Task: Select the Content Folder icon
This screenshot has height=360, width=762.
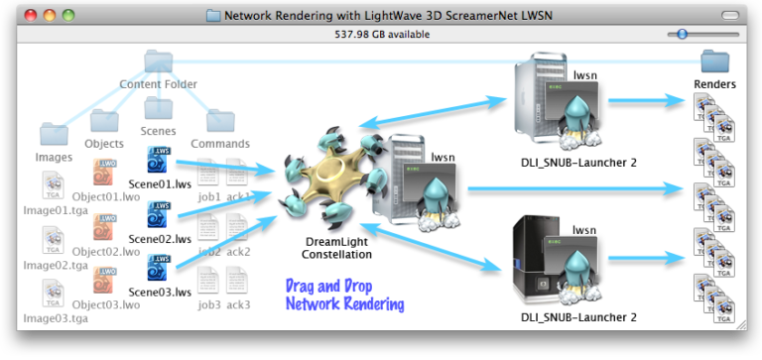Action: point(159,63)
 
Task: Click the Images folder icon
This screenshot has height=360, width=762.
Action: point(54,134)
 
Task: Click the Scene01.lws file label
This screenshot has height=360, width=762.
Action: point(160,183)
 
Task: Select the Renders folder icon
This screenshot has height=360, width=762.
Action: point(714,61)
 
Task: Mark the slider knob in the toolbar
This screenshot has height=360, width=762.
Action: point(681,34)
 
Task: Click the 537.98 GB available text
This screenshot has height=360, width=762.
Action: point(381,34)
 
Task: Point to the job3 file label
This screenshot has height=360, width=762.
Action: point(209,304)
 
